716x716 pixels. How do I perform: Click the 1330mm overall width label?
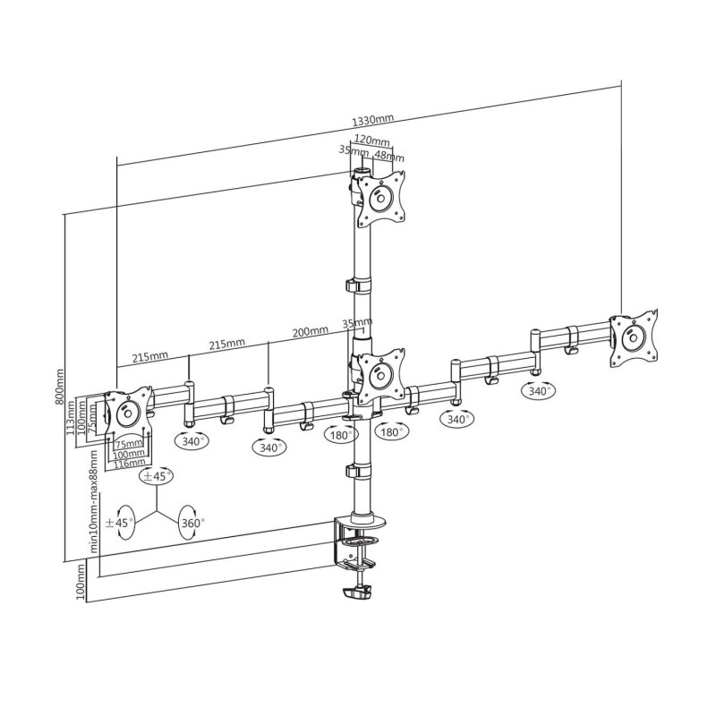click(x=373, y=119)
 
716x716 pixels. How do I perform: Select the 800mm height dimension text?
click(x=60, y=388)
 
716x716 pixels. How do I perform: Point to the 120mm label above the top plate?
click(x=371, y=141)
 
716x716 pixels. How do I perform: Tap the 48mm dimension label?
click(x=389, y=156)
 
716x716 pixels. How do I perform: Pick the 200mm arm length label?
click(x=310, y=331)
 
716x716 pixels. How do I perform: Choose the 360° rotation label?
click(x=192, y=522)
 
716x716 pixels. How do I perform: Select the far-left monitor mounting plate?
click(x=127, y=414)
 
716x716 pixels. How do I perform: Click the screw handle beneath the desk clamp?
click(x=358, y=592)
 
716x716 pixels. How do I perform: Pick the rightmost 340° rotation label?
click(x=539, y=391)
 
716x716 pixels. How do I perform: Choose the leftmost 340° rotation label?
click(x=192, y=441)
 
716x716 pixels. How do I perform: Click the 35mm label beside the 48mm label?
click(x=353, y=151)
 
